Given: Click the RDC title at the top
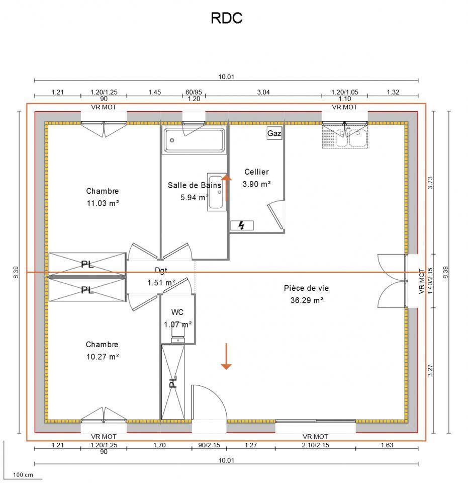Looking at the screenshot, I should (226, 19).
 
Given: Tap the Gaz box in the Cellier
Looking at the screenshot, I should (274, 133).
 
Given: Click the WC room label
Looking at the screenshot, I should (177, 312).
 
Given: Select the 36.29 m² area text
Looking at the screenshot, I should (307, 300).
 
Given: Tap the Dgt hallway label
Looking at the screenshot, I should (161, 270).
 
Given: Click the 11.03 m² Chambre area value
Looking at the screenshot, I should (103, 203).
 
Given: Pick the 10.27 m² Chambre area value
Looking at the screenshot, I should (102, 356).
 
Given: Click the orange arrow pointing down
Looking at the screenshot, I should (226, 357).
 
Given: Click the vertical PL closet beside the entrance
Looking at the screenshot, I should (173, 382).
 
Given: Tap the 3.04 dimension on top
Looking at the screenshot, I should (263, 92).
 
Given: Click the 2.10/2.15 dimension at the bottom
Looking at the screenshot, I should (315, 445).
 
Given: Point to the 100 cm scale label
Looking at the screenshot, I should (23, 474).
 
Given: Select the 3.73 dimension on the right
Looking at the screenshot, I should (430, 183).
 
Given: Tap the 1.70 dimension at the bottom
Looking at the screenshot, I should (159, 445).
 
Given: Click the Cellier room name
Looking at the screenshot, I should (256, 172).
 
